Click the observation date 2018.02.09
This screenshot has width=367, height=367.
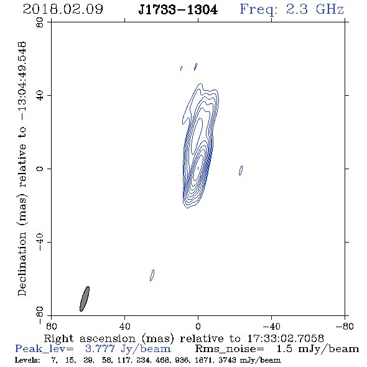63,9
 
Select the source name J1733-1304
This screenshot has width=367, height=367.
178,10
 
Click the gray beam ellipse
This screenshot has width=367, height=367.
85,299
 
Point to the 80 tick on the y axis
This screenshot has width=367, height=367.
40,22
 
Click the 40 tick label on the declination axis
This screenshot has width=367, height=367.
40,96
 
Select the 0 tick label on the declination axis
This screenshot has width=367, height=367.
40,169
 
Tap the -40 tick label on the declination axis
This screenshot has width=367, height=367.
40,242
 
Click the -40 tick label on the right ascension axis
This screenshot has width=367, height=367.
271,326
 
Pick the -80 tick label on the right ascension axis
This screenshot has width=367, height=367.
345,326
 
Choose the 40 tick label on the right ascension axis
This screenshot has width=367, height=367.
125,326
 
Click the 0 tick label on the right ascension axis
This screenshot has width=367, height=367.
198,326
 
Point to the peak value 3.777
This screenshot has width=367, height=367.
100,349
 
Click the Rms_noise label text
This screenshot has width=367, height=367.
230,349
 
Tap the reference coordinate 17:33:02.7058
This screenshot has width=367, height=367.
286,338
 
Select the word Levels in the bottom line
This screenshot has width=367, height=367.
27,360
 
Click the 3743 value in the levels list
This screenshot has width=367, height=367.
228,360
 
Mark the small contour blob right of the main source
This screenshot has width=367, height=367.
241,170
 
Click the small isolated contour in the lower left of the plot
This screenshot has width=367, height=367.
152,275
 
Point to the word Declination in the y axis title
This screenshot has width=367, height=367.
22,264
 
